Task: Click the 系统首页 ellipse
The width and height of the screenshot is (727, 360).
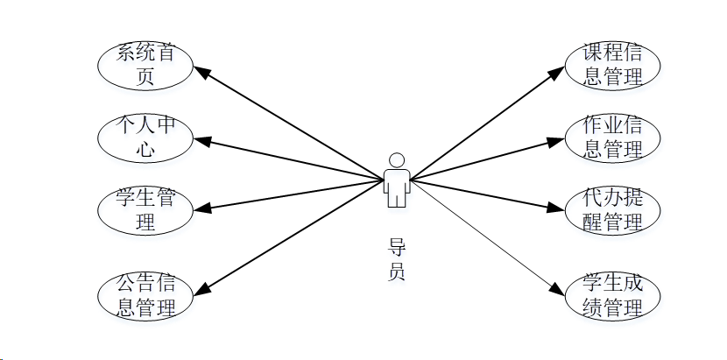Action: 145,65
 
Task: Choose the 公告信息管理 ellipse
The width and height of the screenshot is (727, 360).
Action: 145,295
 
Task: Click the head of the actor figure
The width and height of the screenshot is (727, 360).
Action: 397,160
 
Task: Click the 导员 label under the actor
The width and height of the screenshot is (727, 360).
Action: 397,259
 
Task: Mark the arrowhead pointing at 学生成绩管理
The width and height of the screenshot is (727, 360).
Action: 557,288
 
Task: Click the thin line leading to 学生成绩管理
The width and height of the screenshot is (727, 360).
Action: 482,234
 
